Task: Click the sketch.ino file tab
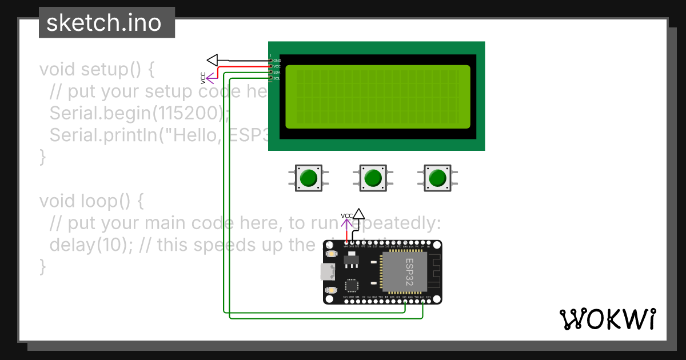coord(103,23)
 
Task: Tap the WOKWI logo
coord(607,319)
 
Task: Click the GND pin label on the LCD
coord(277,61)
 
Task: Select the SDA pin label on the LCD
coord(277,73)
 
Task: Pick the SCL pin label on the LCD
coord(277,78)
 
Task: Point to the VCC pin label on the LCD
coord(277,66)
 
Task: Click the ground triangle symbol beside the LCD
coord(213,60)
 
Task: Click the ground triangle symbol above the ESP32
coord(358,214)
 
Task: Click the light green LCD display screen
coord(377,97)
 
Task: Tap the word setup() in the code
coord(117,70)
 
